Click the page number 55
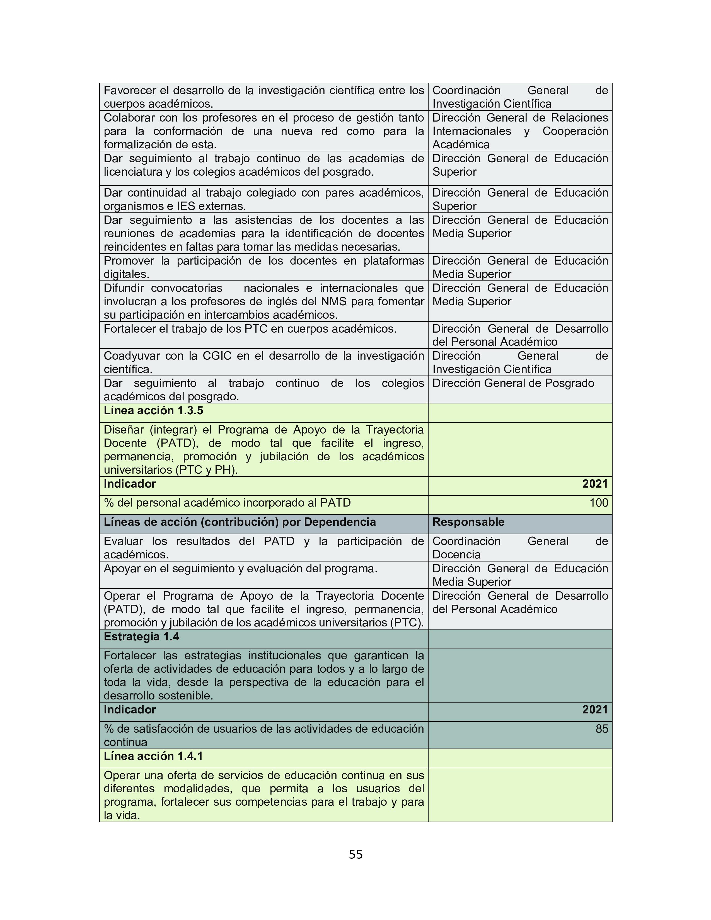(x=355, y=854)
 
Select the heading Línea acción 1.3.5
(x=153, y=410)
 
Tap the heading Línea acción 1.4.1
(x=153, y=756)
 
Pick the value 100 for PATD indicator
(x=599, y=503)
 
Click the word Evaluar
(x=124, y=541)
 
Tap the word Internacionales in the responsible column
(x=472, y=131)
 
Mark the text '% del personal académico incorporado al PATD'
(x=227, y=503)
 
